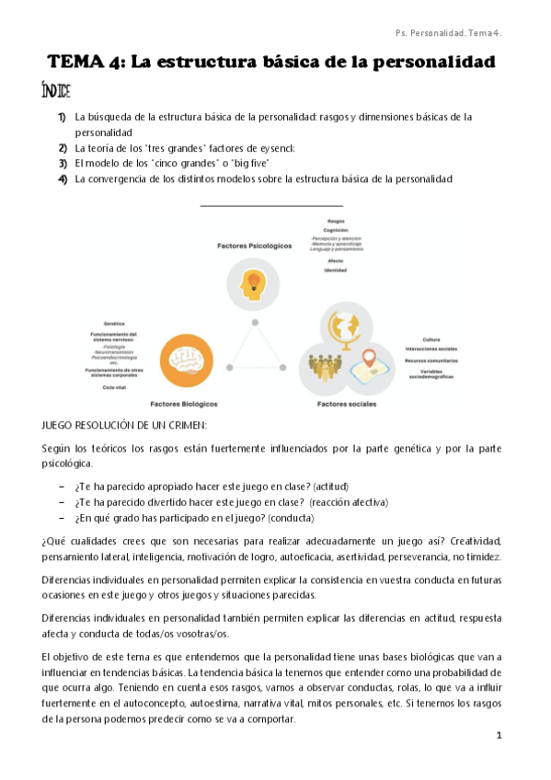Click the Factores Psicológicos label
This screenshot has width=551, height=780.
tap(255, 246)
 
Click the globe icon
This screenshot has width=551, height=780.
tap(349, 327)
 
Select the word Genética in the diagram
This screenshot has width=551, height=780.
tap(114, 324)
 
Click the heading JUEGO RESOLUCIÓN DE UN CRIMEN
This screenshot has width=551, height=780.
tap(125, 425)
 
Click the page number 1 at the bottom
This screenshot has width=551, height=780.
tap(499, 735)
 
